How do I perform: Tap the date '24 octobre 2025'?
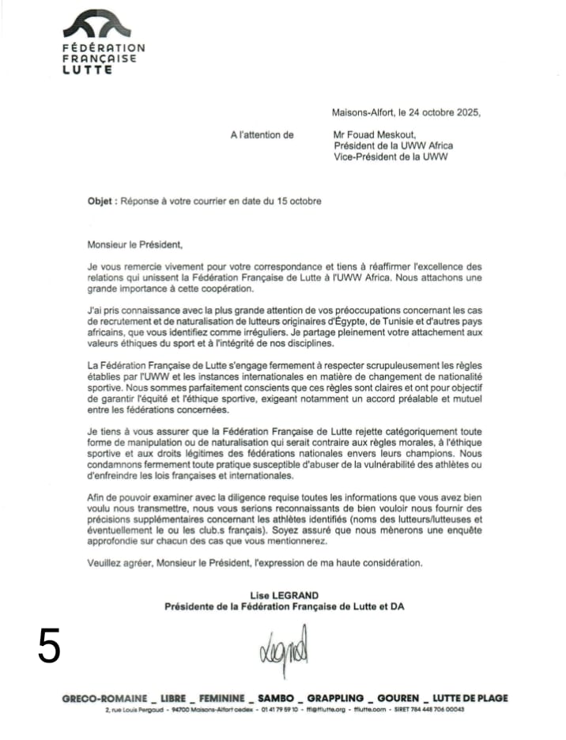tap(441, 112)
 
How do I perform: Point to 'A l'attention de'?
tap(262, 135)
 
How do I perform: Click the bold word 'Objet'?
tap(101, 202)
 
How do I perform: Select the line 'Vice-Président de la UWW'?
tap(391, 157)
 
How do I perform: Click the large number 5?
tap(49, 647)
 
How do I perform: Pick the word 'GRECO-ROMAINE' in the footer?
tap(105, 698)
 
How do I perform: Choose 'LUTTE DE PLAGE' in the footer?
tap(470, 698)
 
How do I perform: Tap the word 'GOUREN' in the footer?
tap(398, 698)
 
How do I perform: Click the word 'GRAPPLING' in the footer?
tap(335, 698)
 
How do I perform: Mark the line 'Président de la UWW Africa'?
tap(394, 145)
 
